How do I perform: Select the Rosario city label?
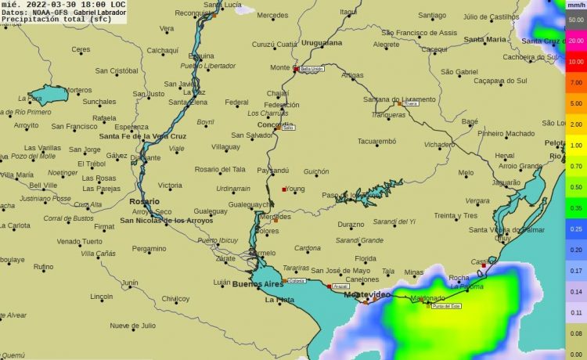pyautogui.click(x=144, y=202)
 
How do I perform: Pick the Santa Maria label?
pyautogui.click(x=484, y=39)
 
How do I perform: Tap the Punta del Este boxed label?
pyautogui.click(x=445, y=305)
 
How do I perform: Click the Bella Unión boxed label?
pyautogui.click(x=312, y=69)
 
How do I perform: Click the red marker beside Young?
pyautogui.click(x=283, y=189)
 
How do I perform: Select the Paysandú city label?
pyautogui.click(x=272, y=170)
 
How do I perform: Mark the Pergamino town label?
pyautogui.click(x=149, y=249)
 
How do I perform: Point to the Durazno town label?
pyautogui.click(x=351, y=224)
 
